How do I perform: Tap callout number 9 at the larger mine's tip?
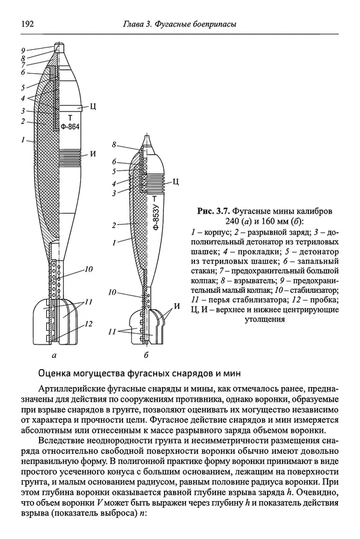(x=22, y=50)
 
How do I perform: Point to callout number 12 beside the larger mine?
(x=89, y=324)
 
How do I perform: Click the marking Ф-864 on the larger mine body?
(x=70, y=127)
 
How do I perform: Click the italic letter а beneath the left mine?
(x=55, y=356)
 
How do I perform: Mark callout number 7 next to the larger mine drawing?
(x=22, y=65)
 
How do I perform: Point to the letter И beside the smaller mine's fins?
(x=176, y=307)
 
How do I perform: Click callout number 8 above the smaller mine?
(x=114, y=145)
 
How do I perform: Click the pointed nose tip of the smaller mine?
(x=148, y=136)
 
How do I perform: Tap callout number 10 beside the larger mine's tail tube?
(x=89, y=269)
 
